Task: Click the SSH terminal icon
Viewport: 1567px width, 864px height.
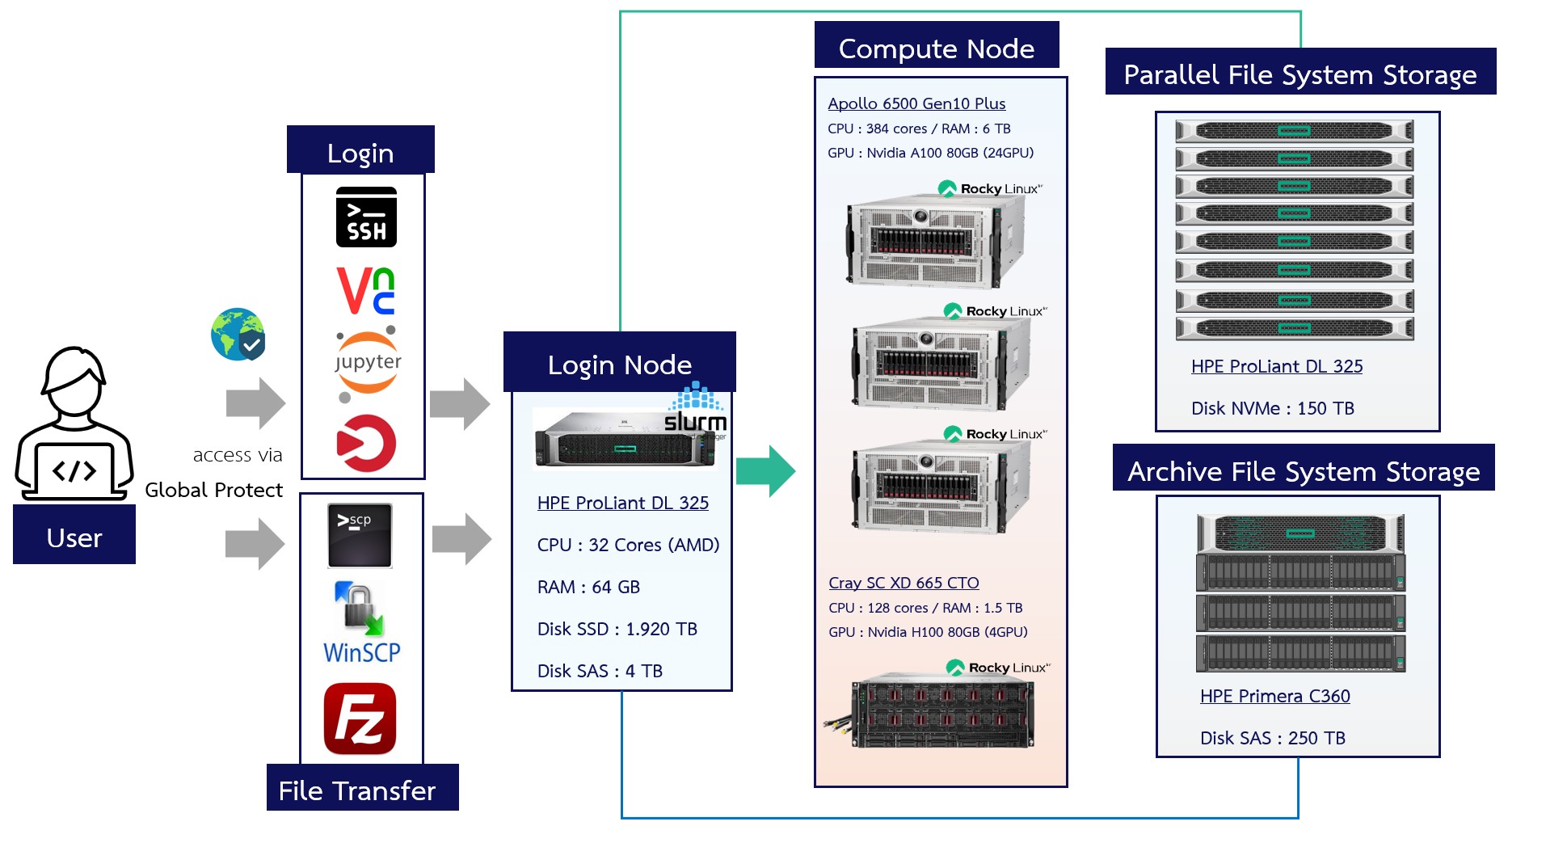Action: click(x=366, y=217)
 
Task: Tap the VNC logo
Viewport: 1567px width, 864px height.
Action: click(x=365, y=291)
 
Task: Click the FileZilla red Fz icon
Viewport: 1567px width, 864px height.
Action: click(x=360, y=719)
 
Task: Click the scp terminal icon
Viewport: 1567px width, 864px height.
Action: click(x=360, y=535)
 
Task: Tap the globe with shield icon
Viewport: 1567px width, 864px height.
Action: click(x=238, y=334)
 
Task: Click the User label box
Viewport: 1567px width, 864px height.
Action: click(x=74, y=537)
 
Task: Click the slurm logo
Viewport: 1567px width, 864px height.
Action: click(x=695, y=411)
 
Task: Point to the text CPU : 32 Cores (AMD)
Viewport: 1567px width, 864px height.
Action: click(x=628, y=545)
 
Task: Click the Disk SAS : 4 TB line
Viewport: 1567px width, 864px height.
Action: click(x=600, y=671)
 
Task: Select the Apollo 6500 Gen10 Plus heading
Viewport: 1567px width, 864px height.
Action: click(x=916, y=103)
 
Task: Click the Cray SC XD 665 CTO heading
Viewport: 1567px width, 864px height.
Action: click(x=904, y=583)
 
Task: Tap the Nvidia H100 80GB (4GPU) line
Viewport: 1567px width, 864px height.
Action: click(x=928, y=632)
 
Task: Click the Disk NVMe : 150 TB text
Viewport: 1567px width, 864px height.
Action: click(x=1272, y=408)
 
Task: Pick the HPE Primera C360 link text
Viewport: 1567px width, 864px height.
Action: click(x=1274, y=696)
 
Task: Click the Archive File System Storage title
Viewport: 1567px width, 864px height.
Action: click(x=1303, y=470)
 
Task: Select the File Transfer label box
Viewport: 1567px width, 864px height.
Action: click(x=357, y=789)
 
